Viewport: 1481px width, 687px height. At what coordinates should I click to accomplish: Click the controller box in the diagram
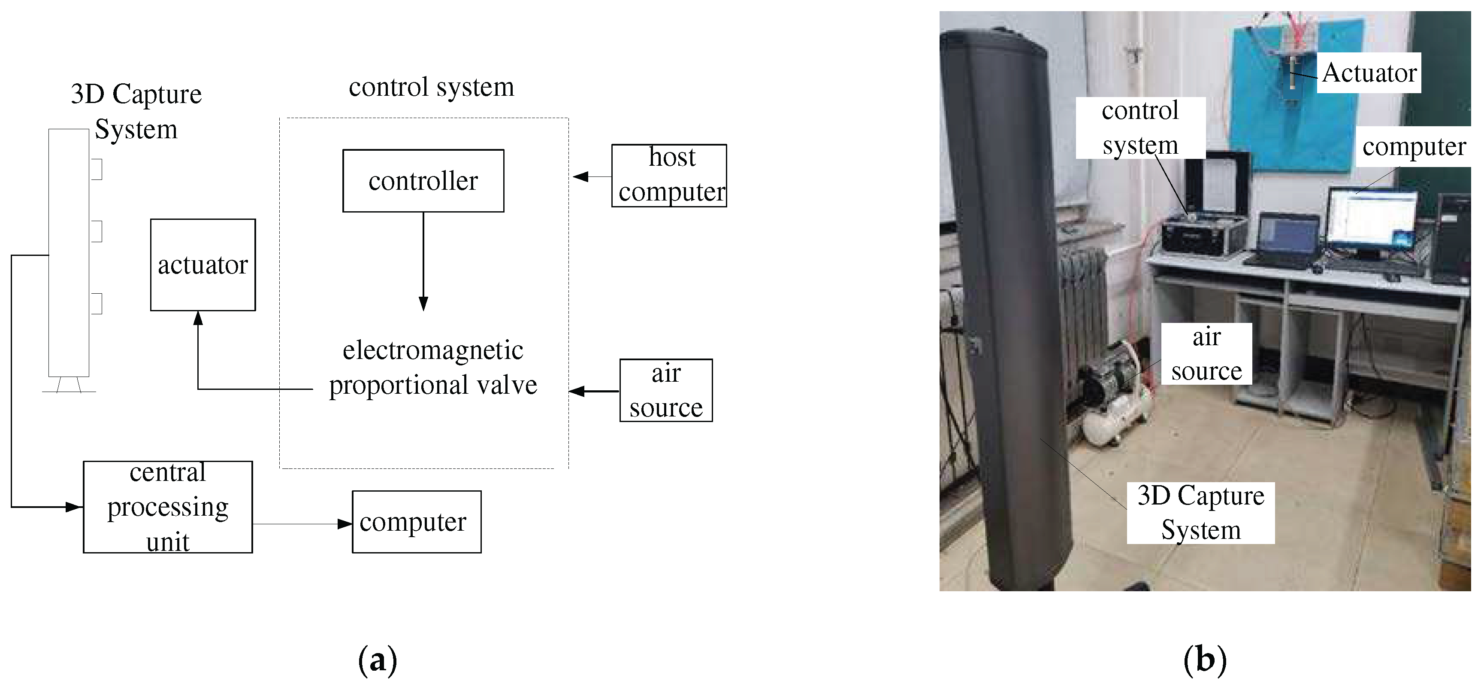pos(423,181)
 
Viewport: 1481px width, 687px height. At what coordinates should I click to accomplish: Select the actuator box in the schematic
pos(203,264)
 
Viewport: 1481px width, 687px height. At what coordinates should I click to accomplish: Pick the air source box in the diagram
pos(666,391)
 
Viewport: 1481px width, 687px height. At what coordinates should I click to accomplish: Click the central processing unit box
pos(167,507)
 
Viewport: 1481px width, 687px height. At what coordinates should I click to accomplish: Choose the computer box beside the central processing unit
pos(416,522)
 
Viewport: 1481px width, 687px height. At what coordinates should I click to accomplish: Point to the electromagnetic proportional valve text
pos(432,368)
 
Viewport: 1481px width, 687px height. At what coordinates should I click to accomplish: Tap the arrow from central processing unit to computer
pos(302,523)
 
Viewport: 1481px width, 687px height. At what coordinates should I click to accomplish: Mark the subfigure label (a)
pos(377,660)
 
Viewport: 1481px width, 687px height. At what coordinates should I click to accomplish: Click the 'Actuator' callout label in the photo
pos(1369,73)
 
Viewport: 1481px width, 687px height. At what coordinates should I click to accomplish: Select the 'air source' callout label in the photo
pos(1206,354)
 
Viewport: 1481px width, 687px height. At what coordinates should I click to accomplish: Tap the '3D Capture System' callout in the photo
pos(1200,513)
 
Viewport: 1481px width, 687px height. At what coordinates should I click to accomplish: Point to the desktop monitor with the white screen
pos(1371,219)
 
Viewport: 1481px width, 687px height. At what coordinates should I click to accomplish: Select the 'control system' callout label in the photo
pos(1140,128)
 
